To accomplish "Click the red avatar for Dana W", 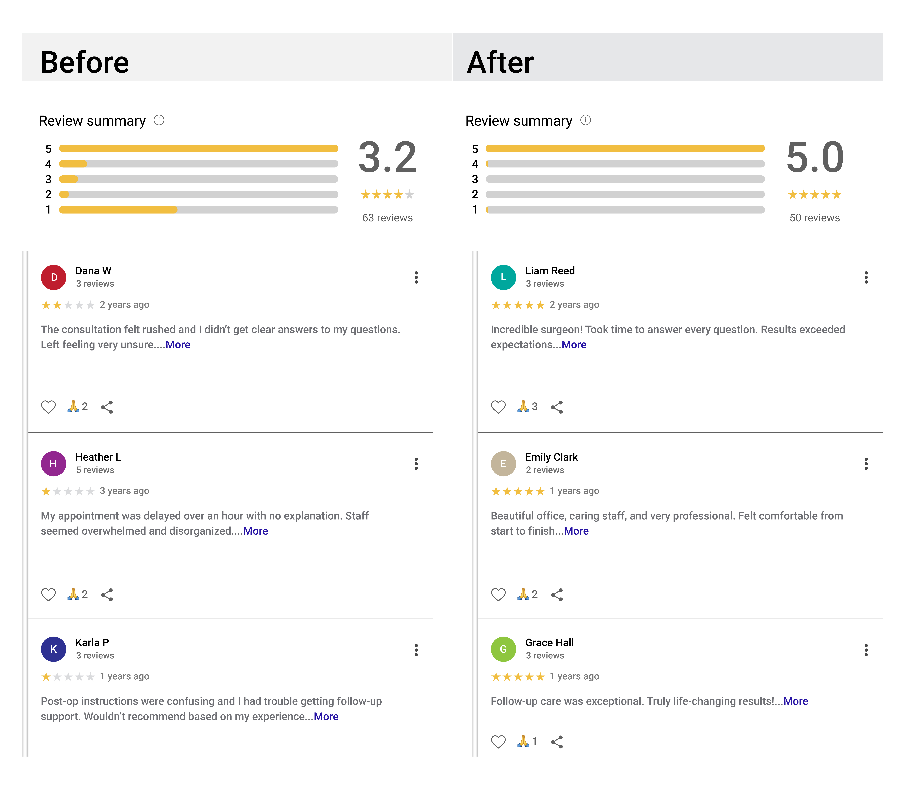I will tap(53, 277).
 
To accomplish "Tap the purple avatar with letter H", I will tap(53, 463).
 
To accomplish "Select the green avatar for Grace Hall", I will tap(503, 649).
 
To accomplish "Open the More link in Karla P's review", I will tap(326, 716).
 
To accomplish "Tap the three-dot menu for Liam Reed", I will tap(866, 277).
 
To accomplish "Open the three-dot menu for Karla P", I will tap(416, 650).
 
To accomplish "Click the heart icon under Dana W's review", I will tap(49, 407).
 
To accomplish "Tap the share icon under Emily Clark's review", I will tap(557, 595).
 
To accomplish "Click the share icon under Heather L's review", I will tap(107, 595).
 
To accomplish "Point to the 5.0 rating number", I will tap(815, 158).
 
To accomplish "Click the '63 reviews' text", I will tap(387, 218).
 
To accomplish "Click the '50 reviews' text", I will tap(815, 218).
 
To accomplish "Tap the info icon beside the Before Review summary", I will tap(159, 120).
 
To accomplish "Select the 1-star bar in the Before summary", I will tap(199, 210).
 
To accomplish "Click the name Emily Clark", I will tap(551, 457).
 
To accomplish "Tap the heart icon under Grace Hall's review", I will tap(498, 742).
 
